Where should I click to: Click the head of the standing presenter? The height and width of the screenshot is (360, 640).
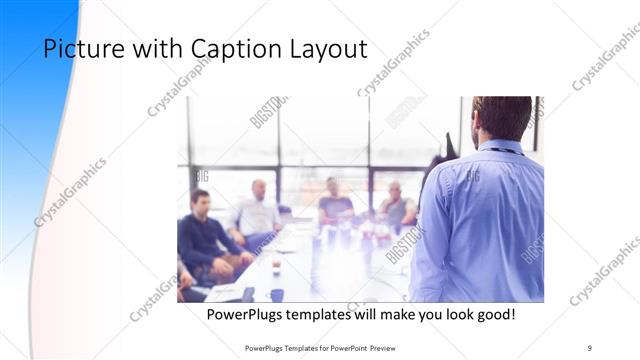[x=502, y=117]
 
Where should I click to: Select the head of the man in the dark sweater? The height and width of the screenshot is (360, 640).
[x=200, y=199]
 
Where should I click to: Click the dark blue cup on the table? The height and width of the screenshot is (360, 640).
[x=276, y=295]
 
